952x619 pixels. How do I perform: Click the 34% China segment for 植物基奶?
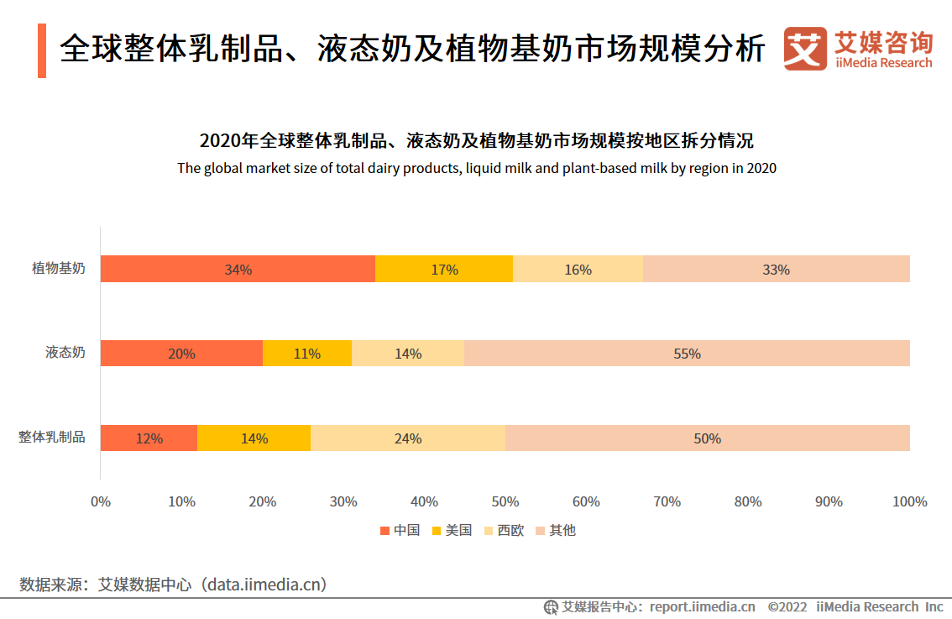(x=238, y=270)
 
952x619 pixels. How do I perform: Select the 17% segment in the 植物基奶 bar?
(x=444, y=270)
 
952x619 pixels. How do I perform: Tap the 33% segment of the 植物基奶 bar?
(x=776, y=270)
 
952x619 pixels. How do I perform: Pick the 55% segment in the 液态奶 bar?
(x=687, y=354)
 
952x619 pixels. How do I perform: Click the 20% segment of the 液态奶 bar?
(x=181, y=354)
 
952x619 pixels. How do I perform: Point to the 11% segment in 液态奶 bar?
(x=307, y=354)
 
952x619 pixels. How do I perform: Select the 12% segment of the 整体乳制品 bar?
(x=149, y=438)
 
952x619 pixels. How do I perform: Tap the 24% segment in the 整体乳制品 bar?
(x=408, y=438)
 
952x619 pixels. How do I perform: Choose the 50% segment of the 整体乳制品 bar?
(x=707, y=438)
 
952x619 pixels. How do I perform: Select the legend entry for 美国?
(x=452, y=531)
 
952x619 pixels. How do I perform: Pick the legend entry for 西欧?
(x=504, y=531)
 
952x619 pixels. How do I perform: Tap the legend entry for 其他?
(x=556, y=531)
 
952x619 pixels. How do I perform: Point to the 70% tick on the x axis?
(x=667, y=501)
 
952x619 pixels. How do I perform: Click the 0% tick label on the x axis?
(x=101, y=501)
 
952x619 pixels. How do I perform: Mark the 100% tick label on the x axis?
(x=910, y=501)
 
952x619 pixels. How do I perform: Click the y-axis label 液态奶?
(x=65, y=353)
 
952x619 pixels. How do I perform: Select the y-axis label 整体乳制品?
(x=52, y=438)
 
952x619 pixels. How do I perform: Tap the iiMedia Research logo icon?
(x=804, y=49)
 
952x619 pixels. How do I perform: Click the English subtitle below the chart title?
(x=476, y=168)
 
